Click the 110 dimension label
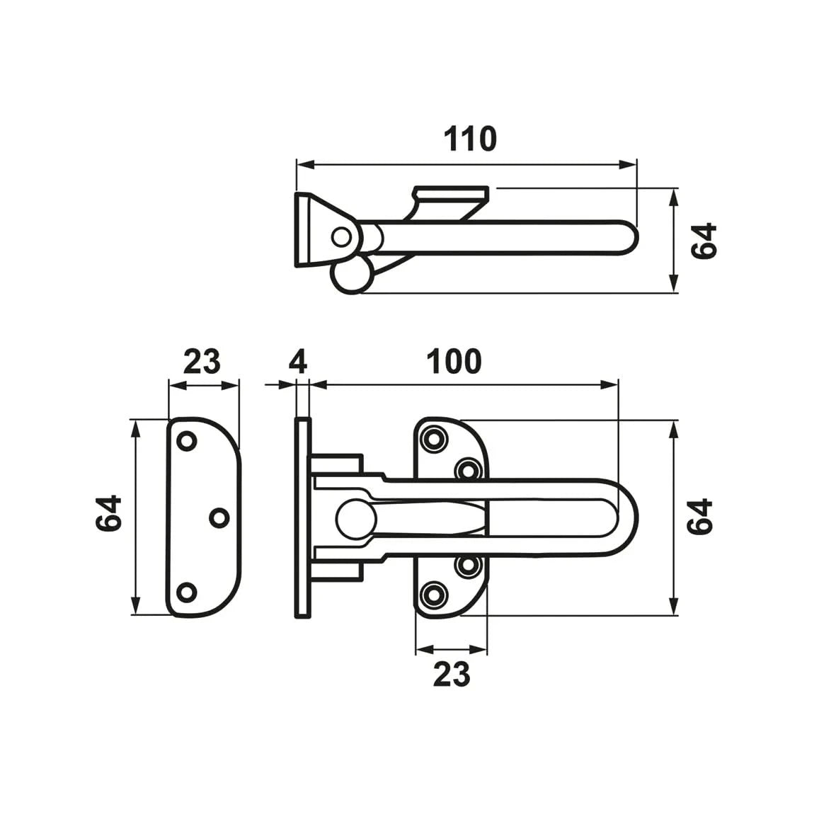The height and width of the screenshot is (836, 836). (470, 139)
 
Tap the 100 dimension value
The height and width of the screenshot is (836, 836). (453, 362)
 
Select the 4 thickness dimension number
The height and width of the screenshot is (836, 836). (298, 362)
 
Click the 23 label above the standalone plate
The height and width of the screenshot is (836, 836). (202, 362)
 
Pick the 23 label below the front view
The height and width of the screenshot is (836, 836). (451, 674)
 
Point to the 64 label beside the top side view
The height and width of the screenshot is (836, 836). (704, 241)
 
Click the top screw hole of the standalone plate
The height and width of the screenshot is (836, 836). (186, 440)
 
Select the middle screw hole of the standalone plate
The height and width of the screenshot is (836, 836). (220, 517)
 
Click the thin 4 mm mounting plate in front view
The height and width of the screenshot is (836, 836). (302, 517)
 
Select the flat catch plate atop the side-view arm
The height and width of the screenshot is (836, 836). (451, 193)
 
